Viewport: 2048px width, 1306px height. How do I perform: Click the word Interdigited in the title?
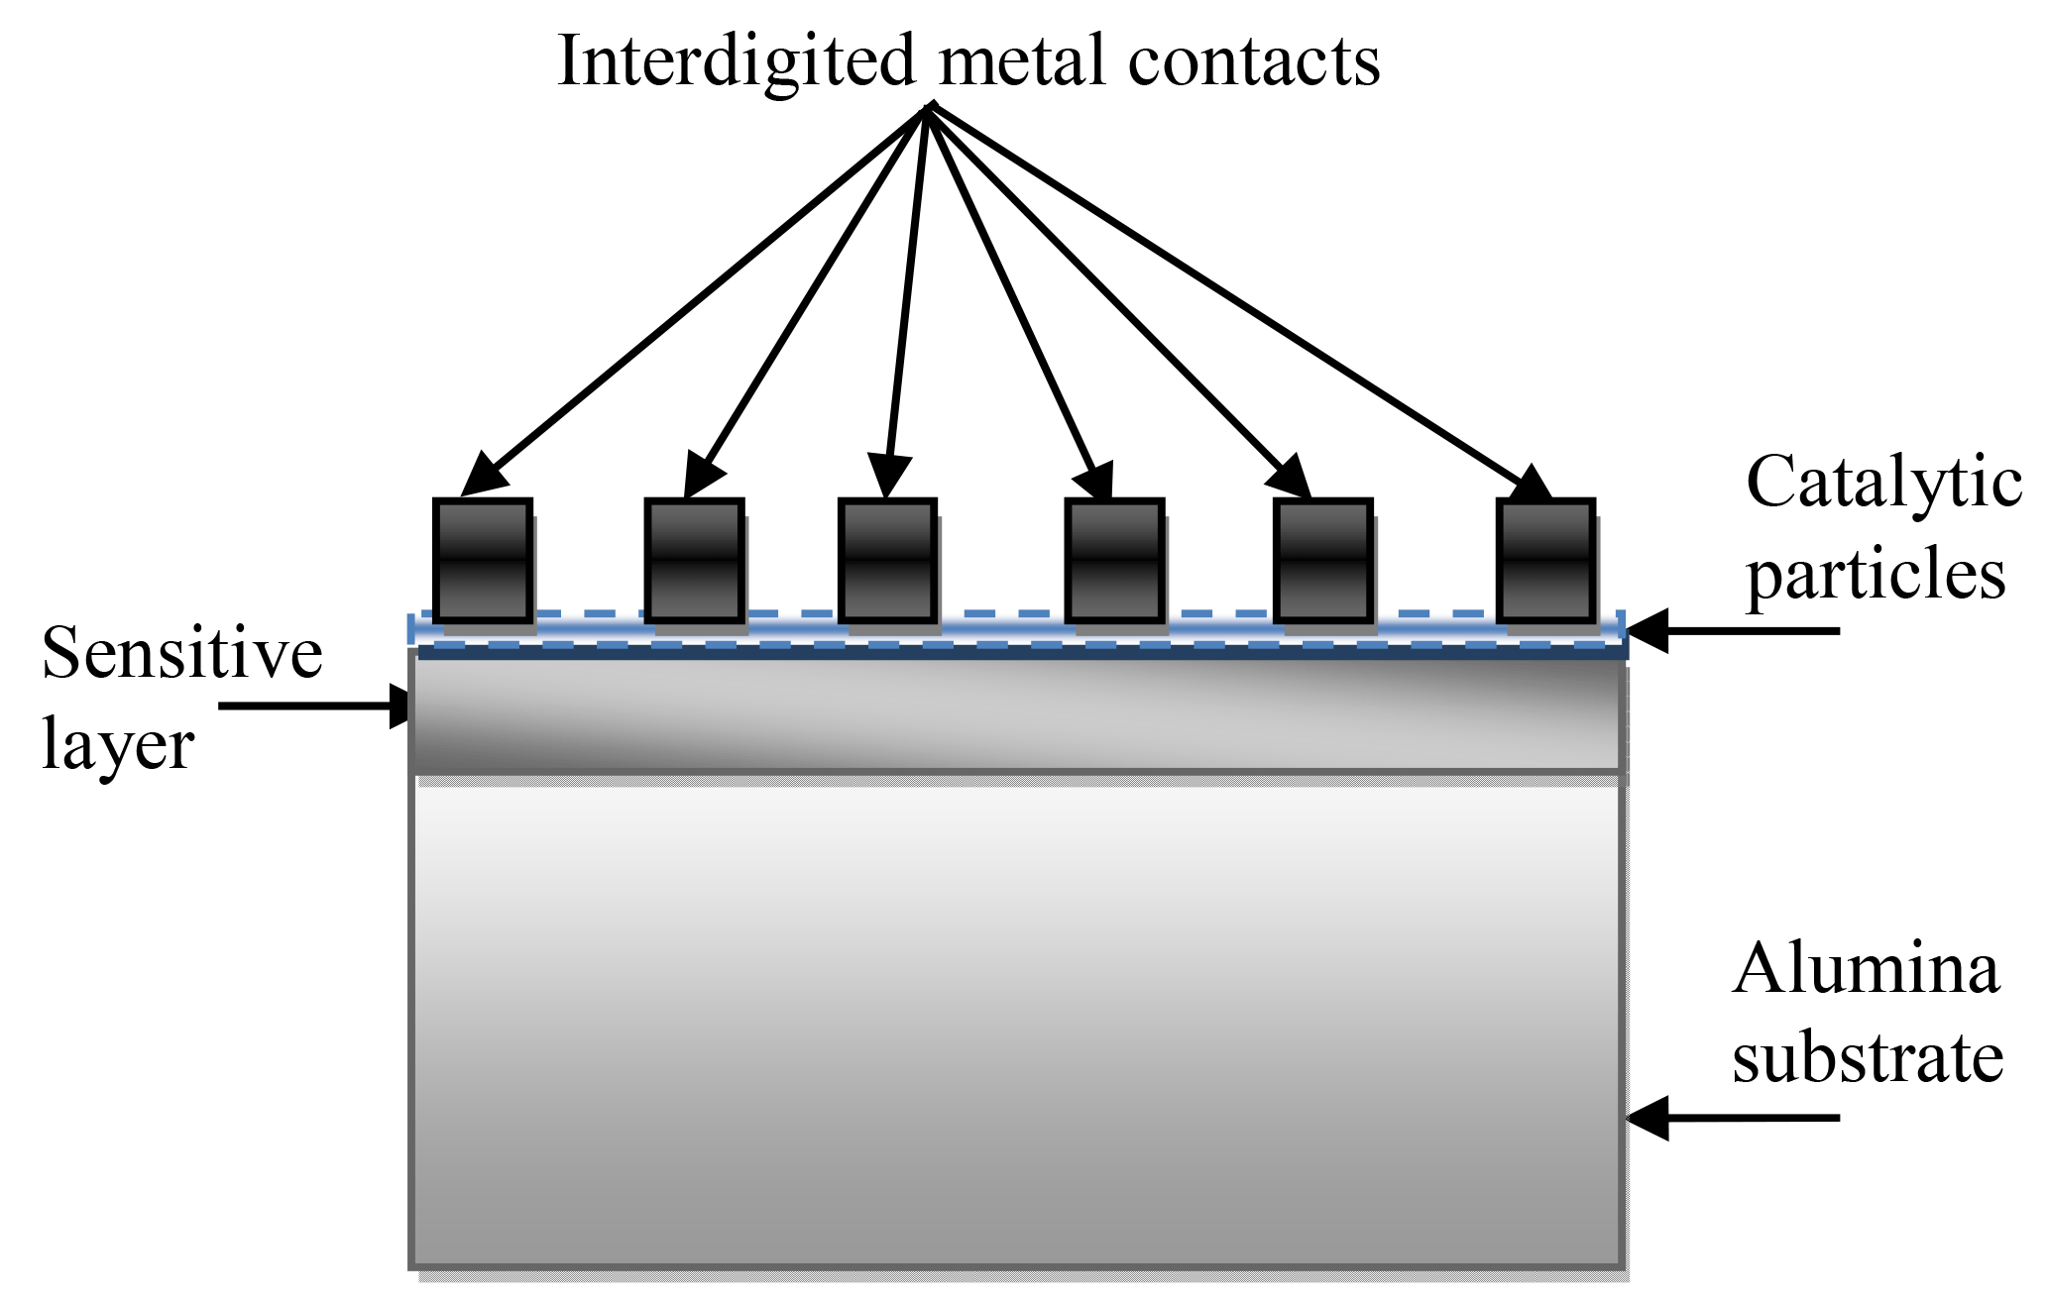736,61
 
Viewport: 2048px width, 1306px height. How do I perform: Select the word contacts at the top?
1254,61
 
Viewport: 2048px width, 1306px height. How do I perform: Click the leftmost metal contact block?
483,561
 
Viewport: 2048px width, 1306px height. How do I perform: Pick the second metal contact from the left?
694,561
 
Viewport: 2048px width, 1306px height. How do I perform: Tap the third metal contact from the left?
887,561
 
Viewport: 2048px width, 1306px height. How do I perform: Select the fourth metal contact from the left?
1114,561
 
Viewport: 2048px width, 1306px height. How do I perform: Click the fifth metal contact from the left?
1322,561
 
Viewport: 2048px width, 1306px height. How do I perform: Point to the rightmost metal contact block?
1545,561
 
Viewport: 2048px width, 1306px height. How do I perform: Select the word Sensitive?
182,654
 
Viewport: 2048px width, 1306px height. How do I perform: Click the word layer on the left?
117,745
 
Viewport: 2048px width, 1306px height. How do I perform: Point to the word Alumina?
1867,968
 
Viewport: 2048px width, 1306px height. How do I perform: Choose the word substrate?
1868,1057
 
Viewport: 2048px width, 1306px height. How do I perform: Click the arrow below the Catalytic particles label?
1735,631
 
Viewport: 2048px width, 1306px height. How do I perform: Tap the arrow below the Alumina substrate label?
1735,1118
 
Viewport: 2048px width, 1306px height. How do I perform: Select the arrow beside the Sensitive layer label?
312,707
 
